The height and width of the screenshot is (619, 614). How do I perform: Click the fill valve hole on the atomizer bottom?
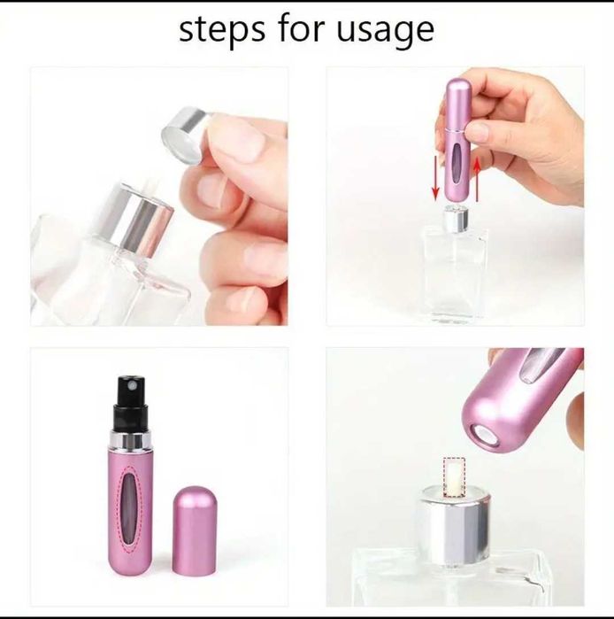pyautogui.click(x=486, y=434)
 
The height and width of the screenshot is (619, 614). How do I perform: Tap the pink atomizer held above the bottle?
pyautogui.click(x=456, y=142)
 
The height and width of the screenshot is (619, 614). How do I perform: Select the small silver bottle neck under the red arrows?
pyautogui.click(x=456, y=219)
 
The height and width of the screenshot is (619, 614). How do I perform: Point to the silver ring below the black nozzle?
pyautogui.click(x=131, y=440)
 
